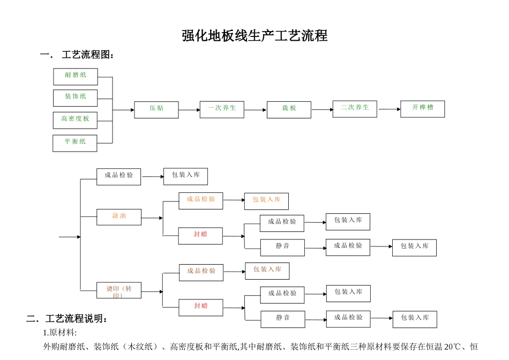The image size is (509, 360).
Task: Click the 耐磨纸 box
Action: tap(76, 77)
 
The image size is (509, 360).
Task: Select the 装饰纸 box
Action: tap(76, 98)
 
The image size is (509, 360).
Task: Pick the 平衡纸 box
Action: tap(75, 143)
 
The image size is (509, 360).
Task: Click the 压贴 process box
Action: tap(156, 110)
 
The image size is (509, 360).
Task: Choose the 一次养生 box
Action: tap(222, 109)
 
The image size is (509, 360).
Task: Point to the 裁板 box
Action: tap(289, 110)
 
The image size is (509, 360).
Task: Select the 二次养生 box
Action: tap(355, 109)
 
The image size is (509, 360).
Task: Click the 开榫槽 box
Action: tap(422, 109)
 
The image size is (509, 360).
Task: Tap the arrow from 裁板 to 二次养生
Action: tap(322, 110)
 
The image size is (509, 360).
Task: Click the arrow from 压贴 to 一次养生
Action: tap(189, 110)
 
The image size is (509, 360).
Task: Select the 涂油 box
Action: tap(119, 217)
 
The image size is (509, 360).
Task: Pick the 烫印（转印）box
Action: tap(119, 291)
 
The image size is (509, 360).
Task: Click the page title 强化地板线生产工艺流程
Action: tap(254, 36)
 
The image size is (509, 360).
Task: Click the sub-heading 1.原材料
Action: tap(60, 332)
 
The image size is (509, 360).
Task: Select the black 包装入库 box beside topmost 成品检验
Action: tap(185, 176)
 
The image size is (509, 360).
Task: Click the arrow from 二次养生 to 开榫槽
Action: tap(389, 109)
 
